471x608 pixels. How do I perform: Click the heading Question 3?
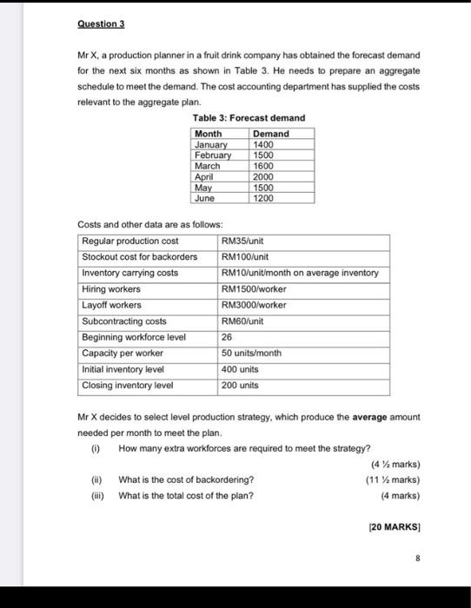102,23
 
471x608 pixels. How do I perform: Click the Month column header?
209,134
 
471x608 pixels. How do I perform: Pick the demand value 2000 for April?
263,176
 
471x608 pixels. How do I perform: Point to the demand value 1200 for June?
263,198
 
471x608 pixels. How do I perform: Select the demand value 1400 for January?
263,144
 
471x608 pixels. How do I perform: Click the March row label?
208,165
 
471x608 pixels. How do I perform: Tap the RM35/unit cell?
242,241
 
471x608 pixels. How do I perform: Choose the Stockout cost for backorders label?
139,257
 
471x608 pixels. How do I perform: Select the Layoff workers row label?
111,305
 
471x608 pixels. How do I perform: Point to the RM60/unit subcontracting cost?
242,321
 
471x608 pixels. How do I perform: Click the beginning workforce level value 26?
229,337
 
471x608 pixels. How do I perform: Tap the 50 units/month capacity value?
252,353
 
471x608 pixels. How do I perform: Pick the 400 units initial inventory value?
241,369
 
